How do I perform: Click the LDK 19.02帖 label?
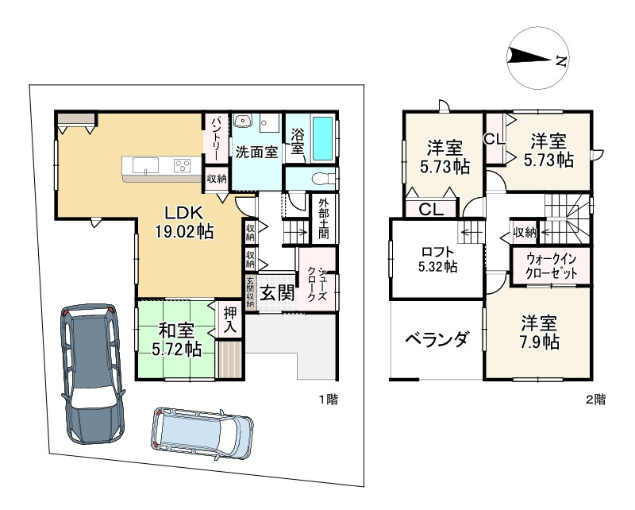(184, 222)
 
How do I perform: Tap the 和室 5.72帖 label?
(176, 340)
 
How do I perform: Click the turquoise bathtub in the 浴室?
(323, 139)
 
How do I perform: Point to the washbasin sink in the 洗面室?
(244, 120)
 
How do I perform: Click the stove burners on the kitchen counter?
(182, 165)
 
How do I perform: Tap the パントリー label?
(217, 138)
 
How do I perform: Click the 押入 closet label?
(230, 320)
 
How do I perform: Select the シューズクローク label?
(317, 284)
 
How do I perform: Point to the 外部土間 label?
(324, 218)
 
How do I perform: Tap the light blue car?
(202, 433)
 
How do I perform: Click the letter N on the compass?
(561, 61)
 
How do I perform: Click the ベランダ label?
(438, 338)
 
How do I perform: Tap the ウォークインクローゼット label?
(551, 266)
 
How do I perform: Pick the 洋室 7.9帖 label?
(540, 333)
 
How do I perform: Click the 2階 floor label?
(596, 400)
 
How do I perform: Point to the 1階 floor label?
(328, 400)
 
